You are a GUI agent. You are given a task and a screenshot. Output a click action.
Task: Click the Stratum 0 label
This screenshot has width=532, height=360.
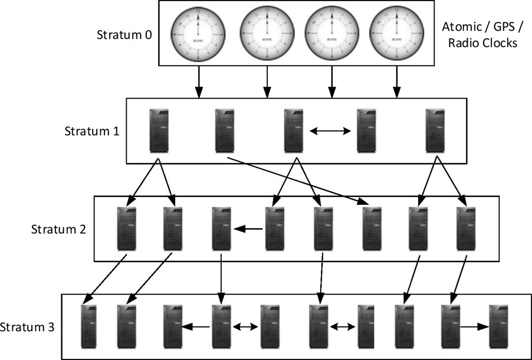(x=124, y=34)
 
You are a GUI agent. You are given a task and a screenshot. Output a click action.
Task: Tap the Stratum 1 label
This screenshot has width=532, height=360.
(x=92, y=130)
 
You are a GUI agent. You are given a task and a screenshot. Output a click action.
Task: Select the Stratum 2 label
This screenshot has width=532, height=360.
(x=59, y=229)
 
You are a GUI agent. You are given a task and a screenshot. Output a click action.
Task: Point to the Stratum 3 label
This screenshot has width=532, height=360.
(x=27, y=326)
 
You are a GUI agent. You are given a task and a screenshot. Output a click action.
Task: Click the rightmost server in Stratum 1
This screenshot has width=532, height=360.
(x=435, y=130)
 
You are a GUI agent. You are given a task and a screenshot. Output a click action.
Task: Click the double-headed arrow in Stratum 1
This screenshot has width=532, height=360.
(x=331, y=130)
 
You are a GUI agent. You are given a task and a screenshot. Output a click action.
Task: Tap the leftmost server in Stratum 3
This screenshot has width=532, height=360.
(x=89, y=326)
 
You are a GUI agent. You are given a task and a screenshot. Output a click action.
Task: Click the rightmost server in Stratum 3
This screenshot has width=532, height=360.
(x=498, y=326)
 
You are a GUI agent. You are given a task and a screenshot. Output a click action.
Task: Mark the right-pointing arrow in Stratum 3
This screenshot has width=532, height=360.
(x=475, y=326)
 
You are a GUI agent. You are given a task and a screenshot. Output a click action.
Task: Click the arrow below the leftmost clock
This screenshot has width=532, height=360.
(x=199, y=81)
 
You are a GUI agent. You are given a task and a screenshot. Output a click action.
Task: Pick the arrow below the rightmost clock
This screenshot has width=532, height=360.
(x=396, y=81)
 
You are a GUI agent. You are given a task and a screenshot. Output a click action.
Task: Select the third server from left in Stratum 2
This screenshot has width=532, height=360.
(x=221, y=228)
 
